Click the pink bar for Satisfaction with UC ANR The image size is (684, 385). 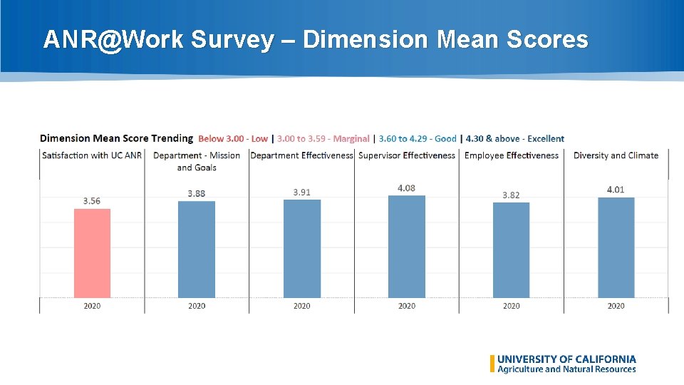[92, 253]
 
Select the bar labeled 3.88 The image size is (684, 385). [197, 250]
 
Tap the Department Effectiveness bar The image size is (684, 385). [302, 249]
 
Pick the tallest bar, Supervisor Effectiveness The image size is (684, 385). [407, 247]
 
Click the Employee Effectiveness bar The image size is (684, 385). [512, 250]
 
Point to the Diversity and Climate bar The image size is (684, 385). [616, 247]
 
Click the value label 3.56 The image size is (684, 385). [92, 201]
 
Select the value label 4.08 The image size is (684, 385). [407, 188]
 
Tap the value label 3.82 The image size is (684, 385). [512, 195]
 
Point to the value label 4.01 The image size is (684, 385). [616, 190]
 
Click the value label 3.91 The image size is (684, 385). [302, 192]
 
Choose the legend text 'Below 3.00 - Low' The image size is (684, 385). [233, 139]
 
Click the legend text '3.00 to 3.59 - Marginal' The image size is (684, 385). [323, 139]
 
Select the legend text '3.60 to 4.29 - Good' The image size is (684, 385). [418, 139]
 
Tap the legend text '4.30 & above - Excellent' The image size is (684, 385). [514, 139]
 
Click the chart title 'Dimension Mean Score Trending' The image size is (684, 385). [116, 138]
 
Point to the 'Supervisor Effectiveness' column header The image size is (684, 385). [407, 155]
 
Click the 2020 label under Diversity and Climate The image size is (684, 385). [616, 306]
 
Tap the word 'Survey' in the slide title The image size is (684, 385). [231, 40]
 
